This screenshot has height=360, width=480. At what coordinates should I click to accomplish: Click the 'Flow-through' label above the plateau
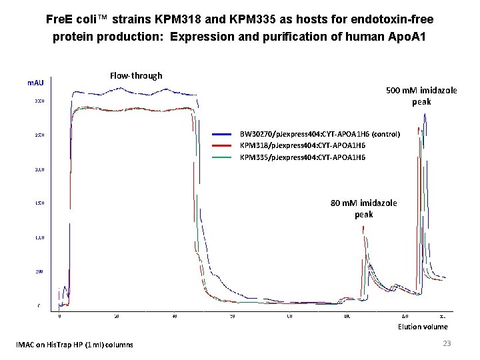(136, 76)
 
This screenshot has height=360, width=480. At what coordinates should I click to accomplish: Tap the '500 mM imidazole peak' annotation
(421, 96)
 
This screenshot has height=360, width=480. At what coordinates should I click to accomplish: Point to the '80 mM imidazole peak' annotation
(364, 208)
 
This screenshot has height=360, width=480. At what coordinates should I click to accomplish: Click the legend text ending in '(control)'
(319, 134)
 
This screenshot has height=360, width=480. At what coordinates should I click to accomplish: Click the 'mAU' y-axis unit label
(35, 82)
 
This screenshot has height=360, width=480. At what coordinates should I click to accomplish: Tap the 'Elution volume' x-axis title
(423, 327)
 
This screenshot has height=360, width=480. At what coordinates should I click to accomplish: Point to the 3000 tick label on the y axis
(39, 101)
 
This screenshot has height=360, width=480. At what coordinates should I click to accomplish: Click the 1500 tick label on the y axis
(39, 203)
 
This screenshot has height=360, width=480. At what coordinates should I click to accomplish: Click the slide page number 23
(447, 343)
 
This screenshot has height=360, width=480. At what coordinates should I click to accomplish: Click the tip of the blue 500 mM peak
(425, 114)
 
